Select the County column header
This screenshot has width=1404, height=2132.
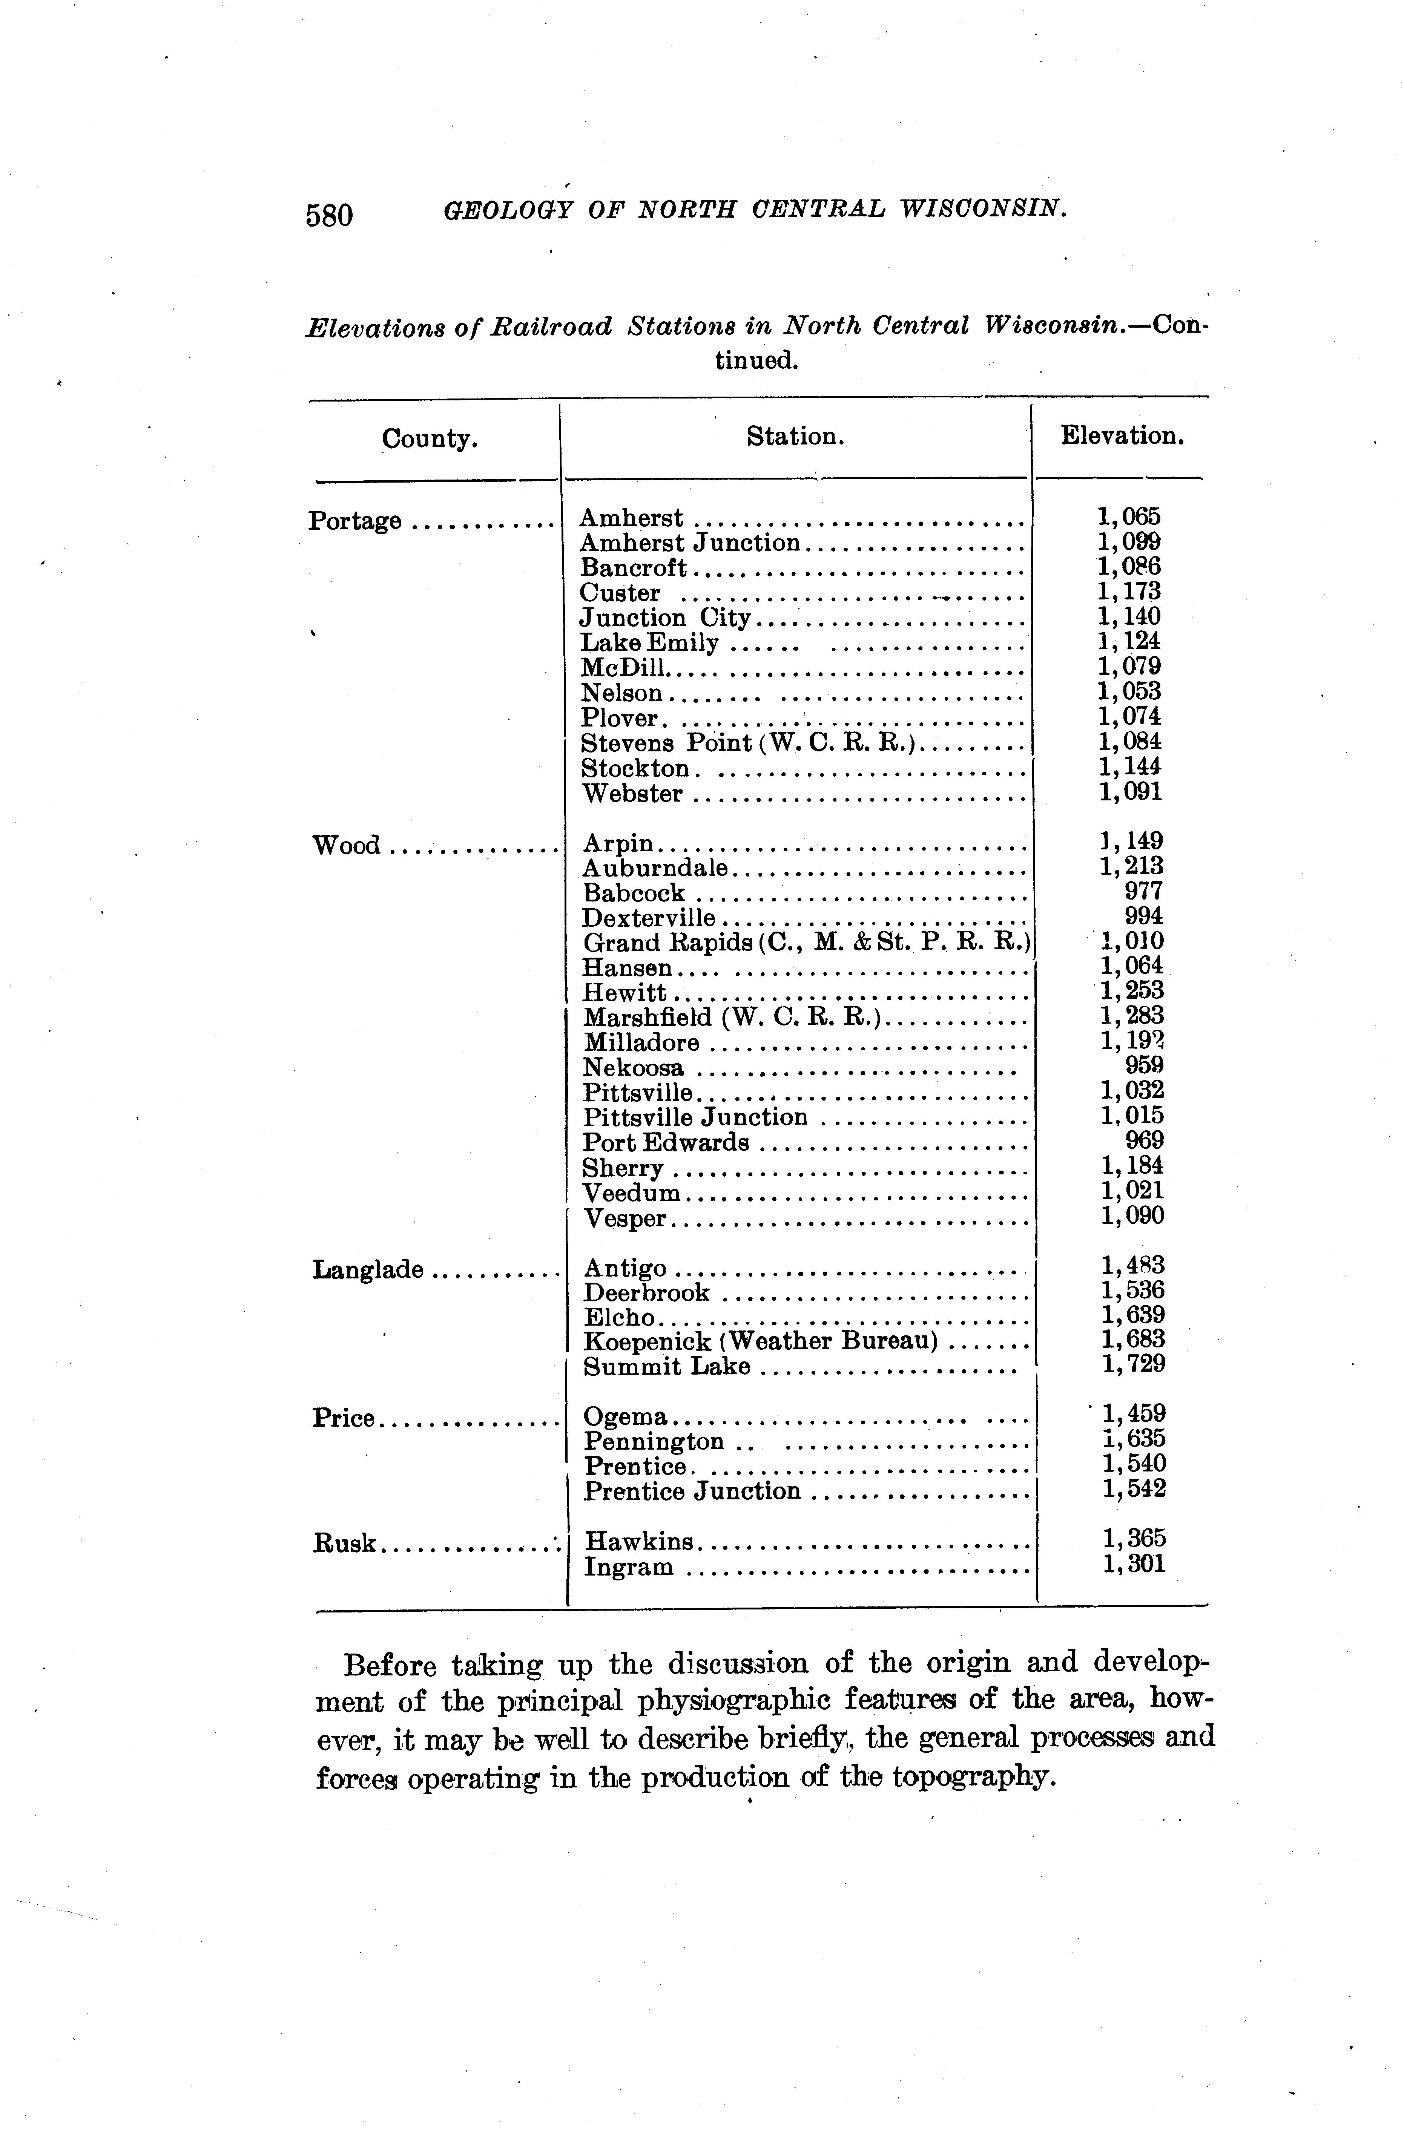tap(429, 439)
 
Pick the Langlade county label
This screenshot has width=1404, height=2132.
tap(367, 1269)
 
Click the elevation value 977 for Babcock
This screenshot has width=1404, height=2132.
tap(1143, 891)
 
